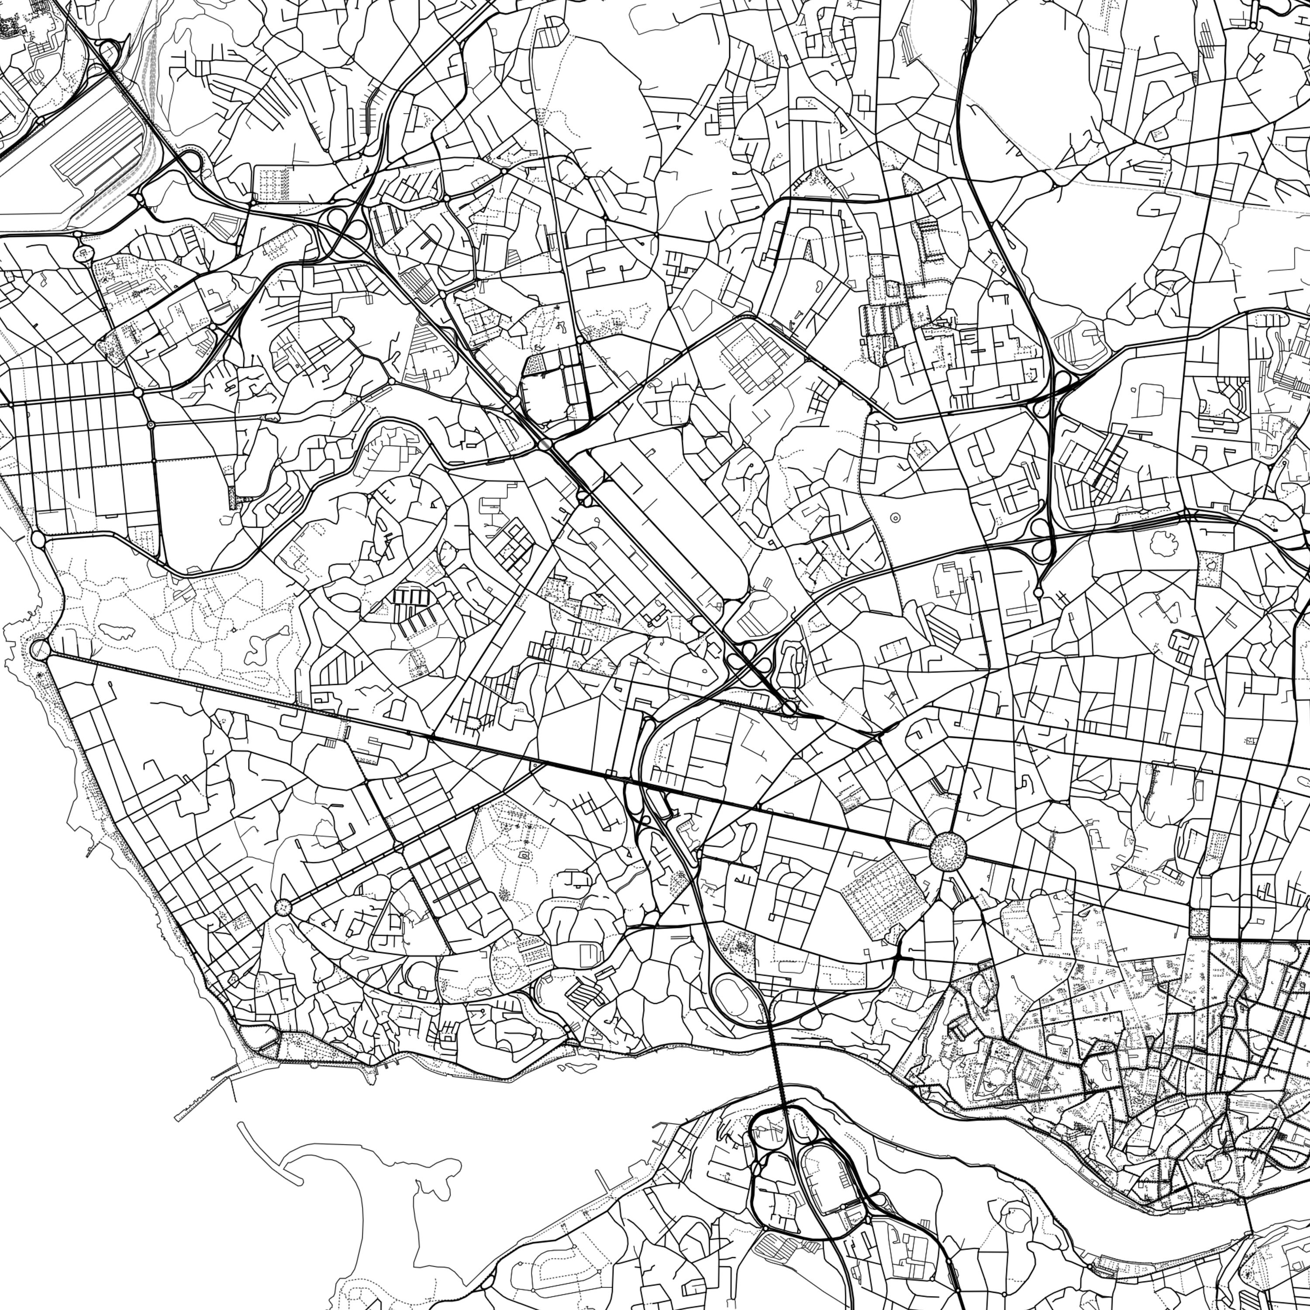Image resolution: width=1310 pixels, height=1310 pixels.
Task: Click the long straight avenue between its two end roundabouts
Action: pyautogui.click(x=475, y=745)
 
